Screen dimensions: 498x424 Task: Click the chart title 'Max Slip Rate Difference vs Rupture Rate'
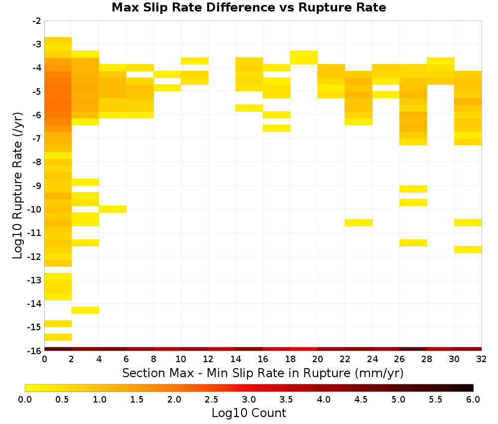click(249, 7)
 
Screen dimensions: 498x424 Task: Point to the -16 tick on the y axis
click(34, 351)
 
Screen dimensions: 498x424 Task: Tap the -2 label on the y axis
click(37, 21)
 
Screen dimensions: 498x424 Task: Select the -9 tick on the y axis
click(37, 186)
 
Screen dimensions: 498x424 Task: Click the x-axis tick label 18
click(290, 359)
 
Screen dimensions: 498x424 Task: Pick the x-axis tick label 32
click(482, 359)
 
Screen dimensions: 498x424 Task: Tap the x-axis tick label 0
click(44, 359)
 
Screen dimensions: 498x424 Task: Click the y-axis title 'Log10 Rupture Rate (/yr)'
click(17, 186)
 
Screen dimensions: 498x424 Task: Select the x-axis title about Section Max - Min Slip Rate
click(263, 373)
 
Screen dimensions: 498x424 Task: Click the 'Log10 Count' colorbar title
click(249, 413)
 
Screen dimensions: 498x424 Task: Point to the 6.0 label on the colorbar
click(473, 399)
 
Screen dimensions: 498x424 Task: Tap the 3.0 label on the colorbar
click(249, 399)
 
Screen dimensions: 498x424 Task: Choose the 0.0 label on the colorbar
click(25, 399)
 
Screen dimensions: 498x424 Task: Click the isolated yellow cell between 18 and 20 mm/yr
click(304, 57)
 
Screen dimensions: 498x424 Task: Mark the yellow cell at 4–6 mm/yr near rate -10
click(113, 209)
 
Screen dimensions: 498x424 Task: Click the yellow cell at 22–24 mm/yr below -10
click(359, 222)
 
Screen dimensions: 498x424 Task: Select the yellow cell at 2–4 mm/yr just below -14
click(86, 310)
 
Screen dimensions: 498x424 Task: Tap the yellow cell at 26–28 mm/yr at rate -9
click(413, 189)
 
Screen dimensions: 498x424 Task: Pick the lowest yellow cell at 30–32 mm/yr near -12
click(468, 249)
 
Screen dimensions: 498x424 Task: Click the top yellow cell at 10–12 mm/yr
click(195, 61)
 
